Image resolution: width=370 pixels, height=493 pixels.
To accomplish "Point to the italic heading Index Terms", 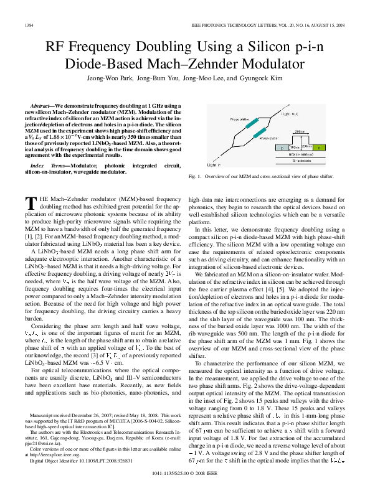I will (46, 165).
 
